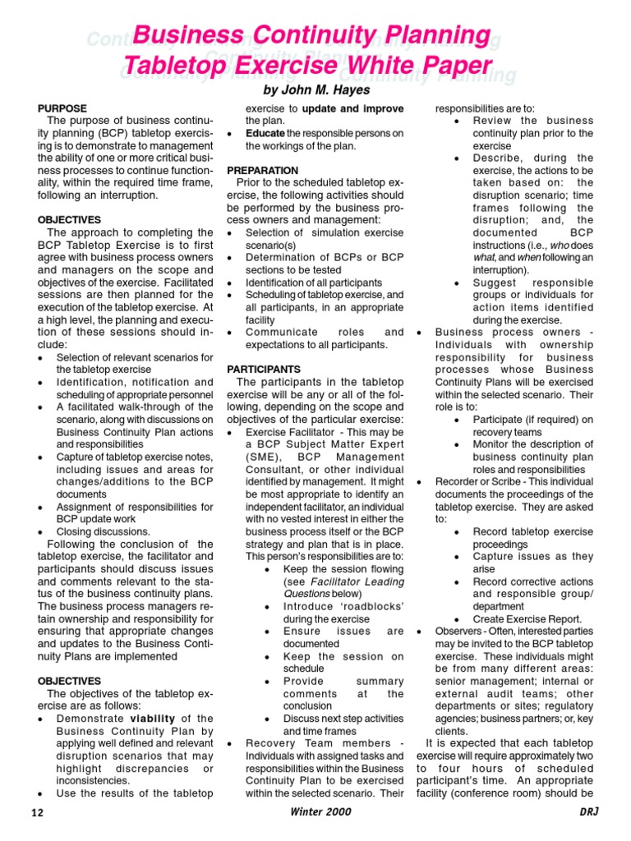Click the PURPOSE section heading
[62, 108]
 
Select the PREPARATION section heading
[263, 170]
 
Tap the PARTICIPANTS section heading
[264, 370]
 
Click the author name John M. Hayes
[315, 89]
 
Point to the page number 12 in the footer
[36, 812]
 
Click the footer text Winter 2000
[320, 812]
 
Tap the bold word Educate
[265, 133]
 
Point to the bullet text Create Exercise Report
[527, 618]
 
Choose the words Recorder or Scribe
[473, 482]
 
